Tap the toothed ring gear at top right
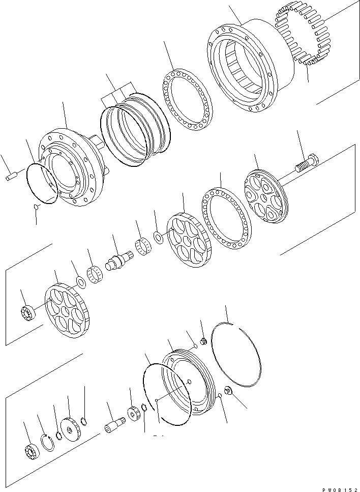(302, 39)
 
